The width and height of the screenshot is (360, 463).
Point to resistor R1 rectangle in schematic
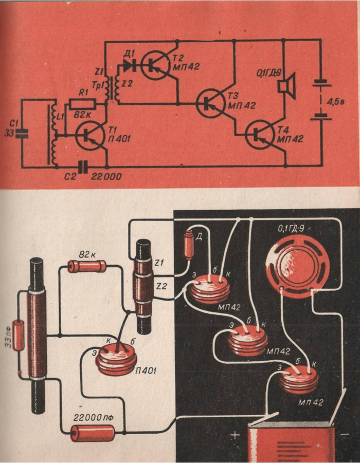(x=80, y=103)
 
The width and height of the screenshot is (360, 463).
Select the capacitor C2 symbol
(x=83, y=166)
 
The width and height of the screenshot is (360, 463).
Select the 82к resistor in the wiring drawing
(x=87, y=266)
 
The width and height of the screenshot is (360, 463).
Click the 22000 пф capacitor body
(x=93, y=433)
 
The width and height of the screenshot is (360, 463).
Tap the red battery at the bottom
(x=290, y=442)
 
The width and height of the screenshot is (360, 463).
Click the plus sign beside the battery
(x=235, y=435)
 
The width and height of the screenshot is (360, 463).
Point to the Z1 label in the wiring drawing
(x=159, y=263)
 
